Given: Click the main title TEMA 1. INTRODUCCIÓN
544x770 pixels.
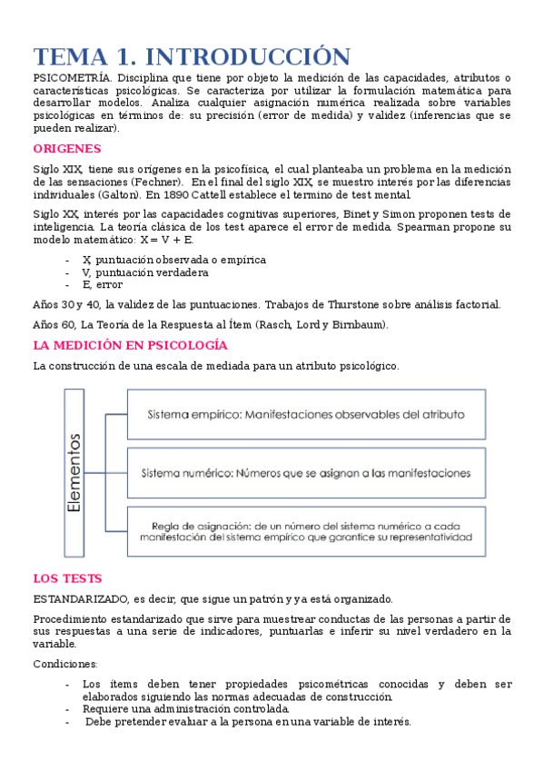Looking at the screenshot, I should click(x=191, y=56).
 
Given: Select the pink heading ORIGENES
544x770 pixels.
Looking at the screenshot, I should click(x=66, y=149).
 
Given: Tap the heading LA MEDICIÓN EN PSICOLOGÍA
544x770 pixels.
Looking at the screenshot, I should click(x=130, y=345).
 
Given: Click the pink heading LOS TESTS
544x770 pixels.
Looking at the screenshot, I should click(x=67, y=577).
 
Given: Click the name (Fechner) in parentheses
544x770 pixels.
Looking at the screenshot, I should click(x=160, y=182).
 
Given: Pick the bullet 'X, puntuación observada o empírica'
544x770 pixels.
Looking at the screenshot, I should click(x=173, y=259).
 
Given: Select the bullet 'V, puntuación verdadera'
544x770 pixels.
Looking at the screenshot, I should click(x=144, y=271).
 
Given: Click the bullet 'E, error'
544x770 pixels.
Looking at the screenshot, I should click(x=102, y=284).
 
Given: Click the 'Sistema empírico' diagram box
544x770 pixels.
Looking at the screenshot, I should click(x=306, y=414).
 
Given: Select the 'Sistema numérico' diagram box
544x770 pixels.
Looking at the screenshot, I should click(x=306, y=473).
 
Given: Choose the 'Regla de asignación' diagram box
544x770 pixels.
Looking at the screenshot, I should click(x=306, y=530).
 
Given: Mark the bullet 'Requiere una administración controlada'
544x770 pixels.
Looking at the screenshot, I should click(x=186, y=708).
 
